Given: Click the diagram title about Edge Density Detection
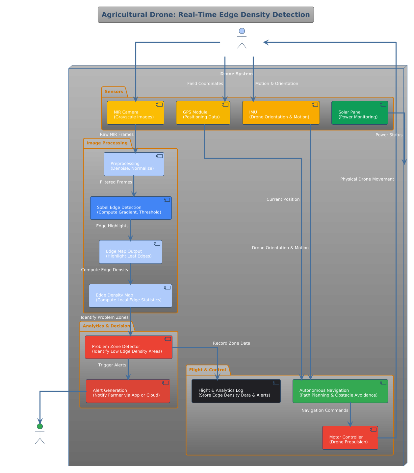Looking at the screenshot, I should [x=206, y=15].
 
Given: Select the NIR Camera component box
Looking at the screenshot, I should [x=135, y=113].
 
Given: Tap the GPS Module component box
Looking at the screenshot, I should [x=203, y=113].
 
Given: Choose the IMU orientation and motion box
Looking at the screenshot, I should [x=281, y=113].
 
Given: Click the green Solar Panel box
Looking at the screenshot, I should [x=359, y=113].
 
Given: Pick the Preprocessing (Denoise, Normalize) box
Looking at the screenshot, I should [x=134, y=164].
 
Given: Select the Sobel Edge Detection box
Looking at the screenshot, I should [x=131, y=208].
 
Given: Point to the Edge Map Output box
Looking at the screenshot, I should [x=130, y=252].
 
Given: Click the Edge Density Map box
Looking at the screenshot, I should [x=130, y=296].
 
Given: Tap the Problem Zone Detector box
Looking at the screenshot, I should [x=128, y=347].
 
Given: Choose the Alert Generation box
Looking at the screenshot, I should [x=128, y=391].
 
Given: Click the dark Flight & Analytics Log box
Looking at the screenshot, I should [x=236, y=391].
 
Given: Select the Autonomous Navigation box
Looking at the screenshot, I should [x=340, y=391].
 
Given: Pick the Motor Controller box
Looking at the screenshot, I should [x=350, y=438].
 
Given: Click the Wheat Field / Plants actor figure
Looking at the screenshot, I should [x=242, y=39].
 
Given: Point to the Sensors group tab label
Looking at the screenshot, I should [x=114, y=92].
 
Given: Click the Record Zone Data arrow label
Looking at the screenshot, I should [x=231, y=343].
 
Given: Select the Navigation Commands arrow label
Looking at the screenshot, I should [x=324, y=411].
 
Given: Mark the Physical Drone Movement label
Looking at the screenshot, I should [x=367, y=179].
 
